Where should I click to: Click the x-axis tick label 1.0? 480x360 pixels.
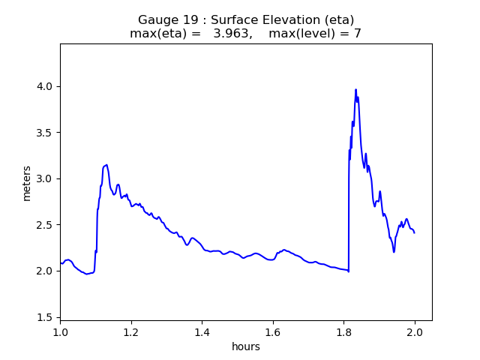point(60,331)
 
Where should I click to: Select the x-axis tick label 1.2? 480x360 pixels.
point(131,331)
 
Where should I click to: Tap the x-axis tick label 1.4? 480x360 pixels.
point(202,331)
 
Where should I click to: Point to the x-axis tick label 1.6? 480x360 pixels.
point(273,331)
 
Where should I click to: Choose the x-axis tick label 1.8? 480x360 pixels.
point(343,331)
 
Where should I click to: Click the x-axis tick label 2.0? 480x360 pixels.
point(415,331)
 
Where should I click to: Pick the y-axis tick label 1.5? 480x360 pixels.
point(46,317)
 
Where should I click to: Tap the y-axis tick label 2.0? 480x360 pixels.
point(46,271)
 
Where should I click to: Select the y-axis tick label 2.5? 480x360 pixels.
point(46,225)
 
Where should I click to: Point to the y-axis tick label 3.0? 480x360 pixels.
point(46,178)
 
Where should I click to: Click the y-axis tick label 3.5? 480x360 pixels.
point(46,133)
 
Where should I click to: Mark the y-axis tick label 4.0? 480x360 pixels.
point(46,86)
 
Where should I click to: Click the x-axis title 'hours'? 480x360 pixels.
point(246,346)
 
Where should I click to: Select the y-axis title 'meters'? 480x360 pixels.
point(27,183)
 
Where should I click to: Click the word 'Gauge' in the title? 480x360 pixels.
point(156,20)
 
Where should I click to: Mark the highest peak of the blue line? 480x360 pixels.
point(356,89)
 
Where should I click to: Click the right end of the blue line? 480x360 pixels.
point(414,232)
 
